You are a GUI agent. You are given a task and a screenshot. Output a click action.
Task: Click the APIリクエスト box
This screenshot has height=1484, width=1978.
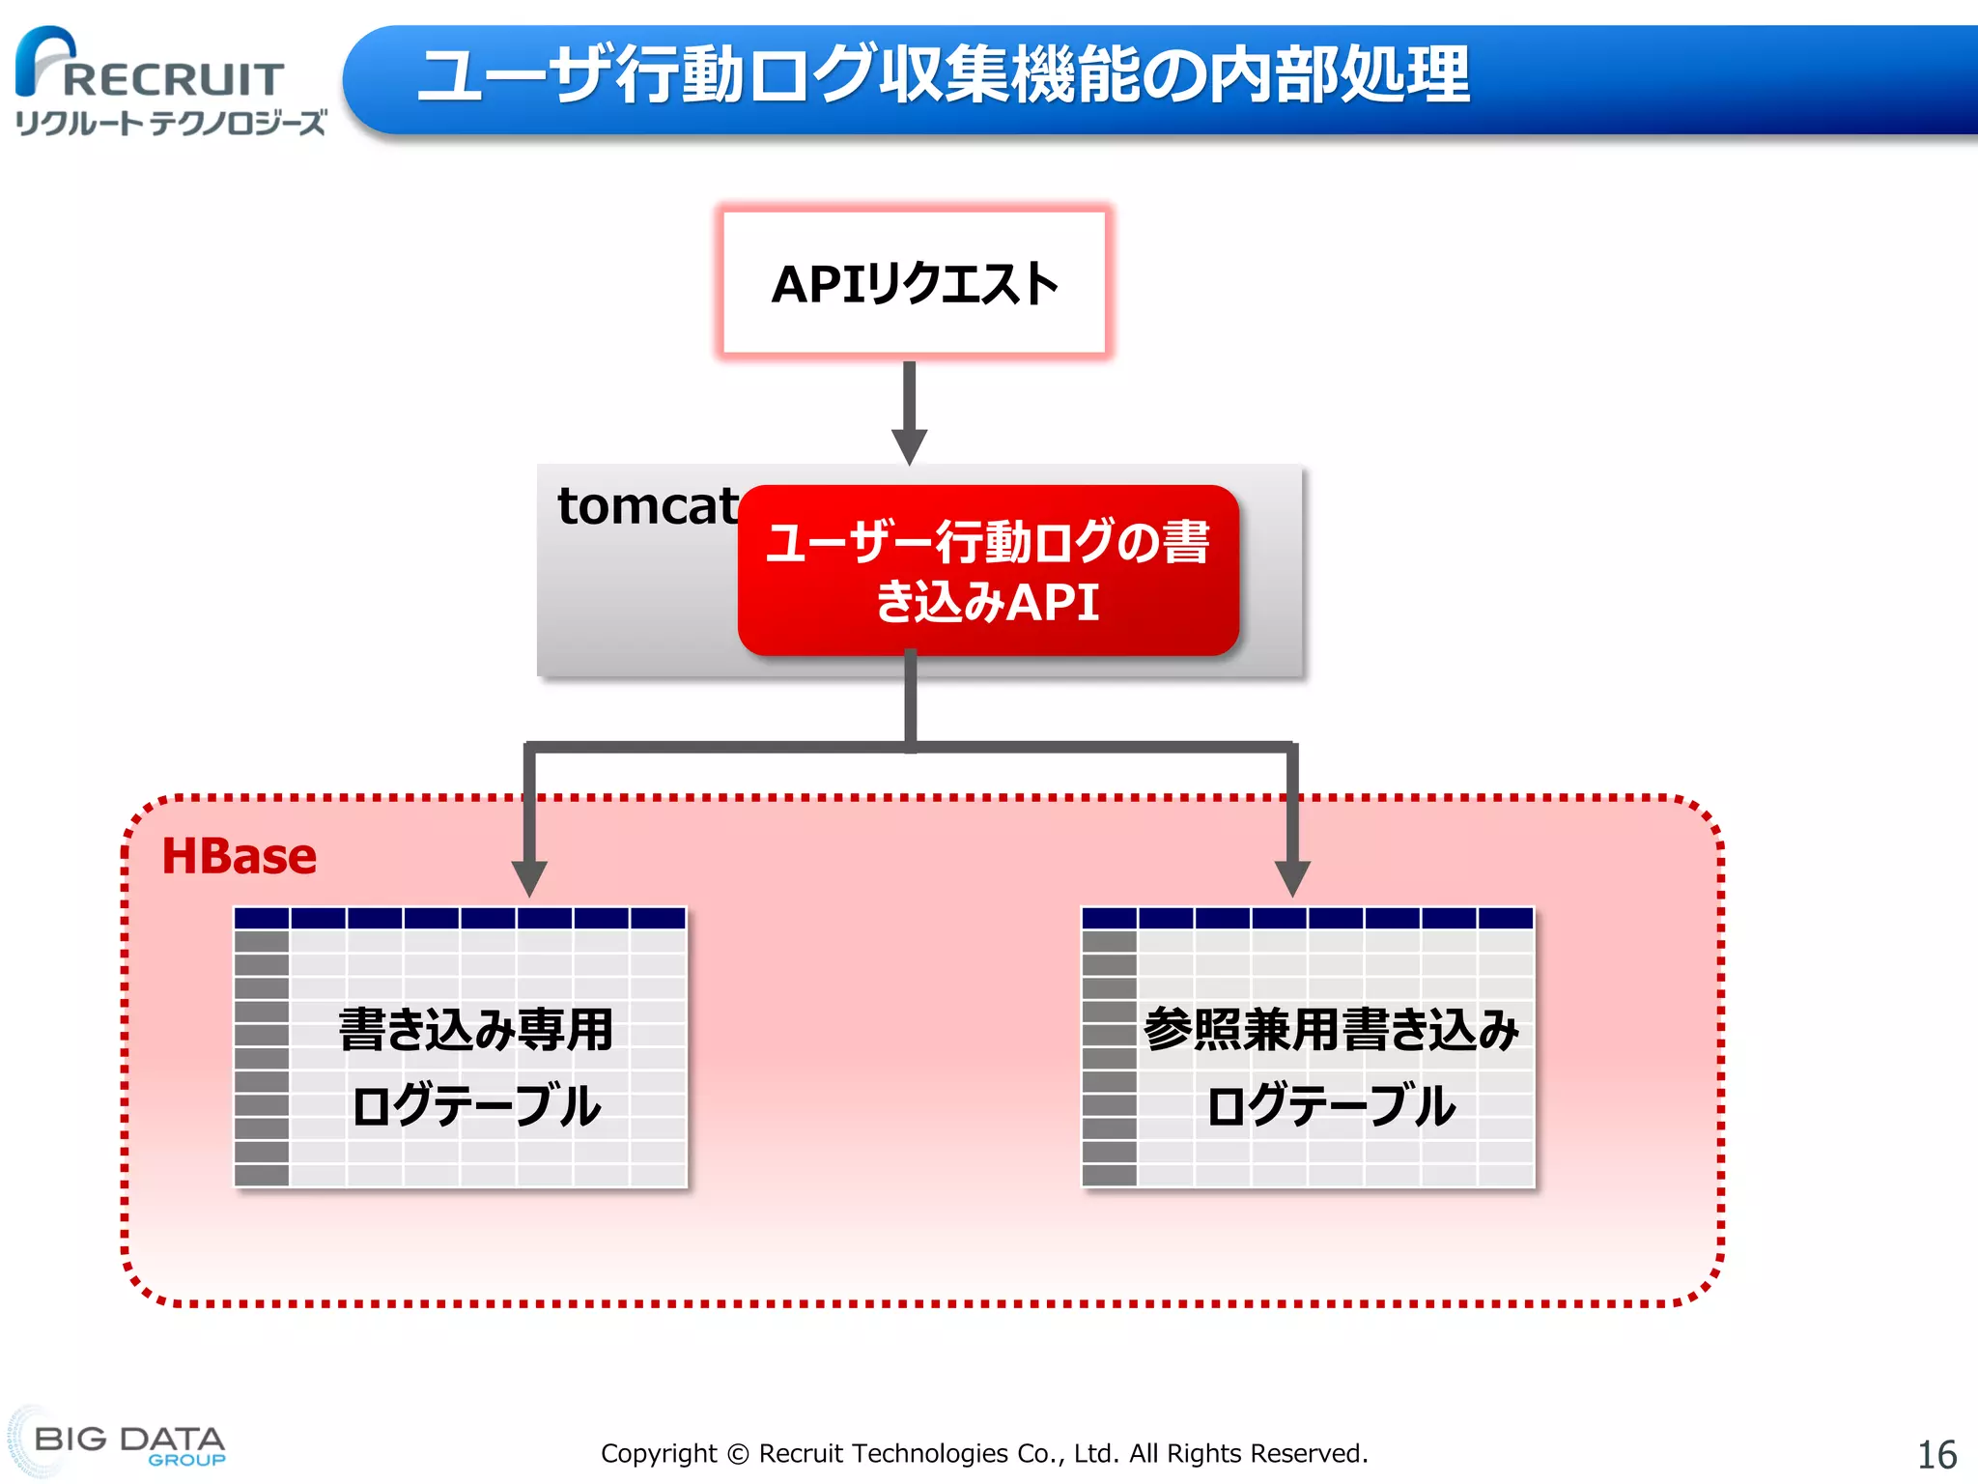click(x=914, y=283)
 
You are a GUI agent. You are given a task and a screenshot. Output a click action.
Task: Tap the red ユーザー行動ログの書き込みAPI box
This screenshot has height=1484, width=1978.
click(x=987, y=570)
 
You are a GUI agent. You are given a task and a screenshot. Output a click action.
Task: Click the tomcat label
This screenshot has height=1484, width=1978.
click(x=648, y=505)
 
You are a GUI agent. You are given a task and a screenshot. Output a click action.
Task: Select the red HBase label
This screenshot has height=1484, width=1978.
click(x=239, y=856)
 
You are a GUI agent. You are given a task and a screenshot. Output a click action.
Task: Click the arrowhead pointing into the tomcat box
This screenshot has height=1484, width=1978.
click(x=909, y=446)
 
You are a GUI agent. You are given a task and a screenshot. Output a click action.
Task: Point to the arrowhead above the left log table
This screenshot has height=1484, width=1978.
click(x=529, y=877)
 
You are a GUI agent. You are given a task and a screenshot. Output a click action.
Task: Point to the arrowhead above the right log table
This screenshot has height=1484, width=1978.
click(x=1292, y=877)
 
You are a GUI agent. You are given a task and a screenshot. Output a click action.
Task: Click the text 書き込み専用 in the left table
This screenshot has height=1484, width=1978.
click(x=476, y=1029)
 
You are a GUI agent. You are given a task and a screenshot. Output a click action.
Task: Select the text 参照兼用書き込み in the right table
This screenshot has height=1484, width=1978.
click(x=1331, y=1029)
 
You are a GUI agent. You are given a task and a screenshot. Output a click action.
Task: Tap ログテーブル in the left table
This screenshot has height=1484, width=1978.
click(x=476, y=1105)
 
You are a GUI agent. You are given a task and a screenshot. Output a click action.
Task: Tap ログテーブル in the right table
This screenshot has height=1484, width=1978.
click(x=1331, y=1105)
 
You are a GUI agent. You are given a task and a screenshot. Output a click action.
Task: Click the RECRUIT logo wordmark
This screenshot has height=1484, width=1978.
click(x=174, y=80)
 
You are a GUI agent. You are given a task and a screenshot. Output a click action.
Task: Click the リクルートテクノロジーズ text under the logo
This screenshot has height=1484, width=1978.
click(x=171, y=123)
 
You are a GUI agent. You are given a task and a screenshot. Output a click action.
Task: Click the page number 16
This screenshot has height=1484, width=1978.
click(x=1936, y=1455)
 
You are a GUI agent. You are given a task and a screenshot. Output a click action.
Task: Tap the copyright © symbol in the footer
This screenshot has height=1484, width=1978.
click(x=738, y=1454)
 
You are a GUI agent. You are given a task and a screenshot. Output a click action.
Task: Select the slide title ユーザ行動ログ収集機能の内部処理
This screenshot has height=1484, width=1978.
click(x=943, y=75)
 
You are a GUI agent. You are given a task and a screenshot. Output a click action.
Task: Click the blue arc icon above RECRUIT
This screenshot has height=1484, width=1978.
click(x=43, y=53)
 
